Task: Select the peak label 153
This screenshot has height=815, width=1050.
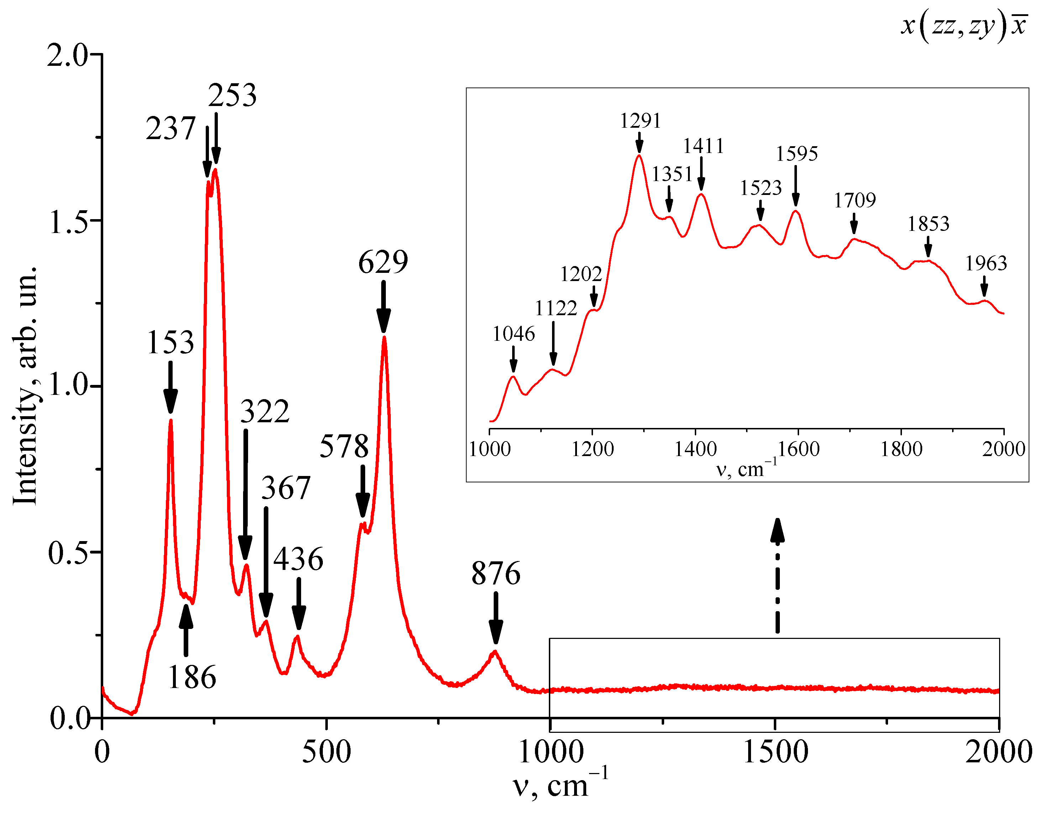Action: click(x=170, y=343)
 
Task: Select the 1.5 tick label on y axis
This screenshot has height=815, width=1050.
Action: click(x=69, y=222)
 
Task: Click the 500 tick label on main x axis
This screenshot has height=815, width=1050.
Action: click(x=326, y=752)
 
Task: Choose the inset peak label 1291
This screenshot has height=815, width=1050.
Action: click(x=640, y=120)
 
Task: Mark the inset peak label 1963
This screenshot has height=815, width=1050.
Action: click(x=986, y=263)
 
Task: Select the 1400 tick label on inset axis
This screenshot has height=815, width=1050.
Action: click(x=696, y=449)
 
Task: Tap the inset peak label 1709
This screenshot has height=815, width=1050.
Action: click(x=855, y=200)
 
